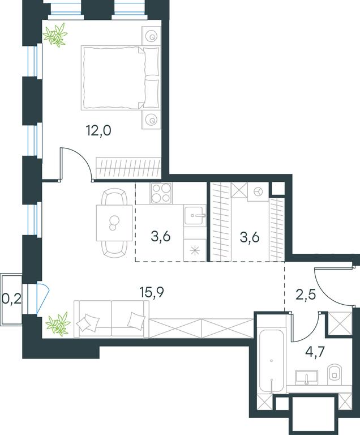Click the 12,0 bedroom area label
click(x=98, y=130)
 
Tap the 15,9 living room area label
click(x=152, y=292)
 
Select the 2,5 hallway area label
click(x=306, y=295)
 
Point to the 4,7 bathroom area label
click(x=315, y=352)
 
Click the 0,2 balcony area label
click(x=11, y=299)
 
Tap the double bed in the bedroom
click(x=121, y=78)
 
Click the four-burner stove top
click(x=161, y=193)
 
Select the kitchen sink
click(x=195, y=215)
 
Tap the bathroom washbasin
click(x=306, y=378)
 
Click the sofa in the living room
click(x=111, y=319)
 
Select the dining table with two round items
click(x=114, y=223)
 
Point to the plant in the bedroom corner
click(x=55, y=35)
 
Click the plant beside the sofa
click(x=58, y=324)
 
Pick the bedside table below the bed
click(x=152, y=120)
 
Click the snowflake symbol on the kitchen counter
click(x=195, y=250)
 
